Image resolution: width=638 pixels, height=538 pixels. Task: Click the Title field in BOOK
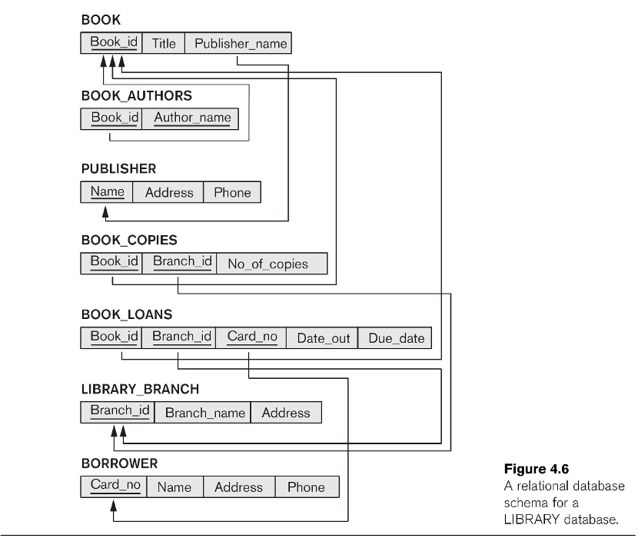pos(163,43)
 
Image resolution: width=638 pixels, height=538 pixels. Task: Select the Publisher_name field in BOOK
pos(238,43)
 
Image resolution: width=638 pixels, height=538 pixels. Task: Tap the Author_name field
pos(191,119)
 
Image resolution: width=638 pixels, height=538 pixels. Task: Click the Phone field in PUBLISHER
pos(232,192)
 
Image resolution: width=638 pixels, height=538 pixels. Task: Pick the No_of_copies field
pos(272,264)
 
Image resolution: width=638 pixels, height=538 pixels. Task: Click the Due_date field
pos(394,337)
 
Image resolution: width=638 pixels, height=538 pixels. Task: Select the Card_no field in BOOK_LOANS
pos(251,337)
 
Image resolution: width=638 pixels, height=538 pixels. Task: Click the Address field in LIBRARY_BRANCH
pos(286,412)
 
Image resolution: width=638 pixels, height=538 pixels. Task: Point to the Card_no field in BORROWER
pos(114,487)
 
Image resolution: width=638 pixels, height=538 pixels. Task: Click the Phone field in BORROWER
pos(307,487)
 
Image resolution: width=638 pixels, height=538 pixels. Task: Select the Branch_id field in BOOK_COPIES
pos(179,264)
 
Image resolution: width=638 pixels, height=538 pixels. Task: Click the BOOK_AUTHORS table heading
pos(137,95)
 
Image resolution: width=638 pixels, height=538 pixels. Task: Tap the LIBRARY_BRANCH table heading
pos(141,389)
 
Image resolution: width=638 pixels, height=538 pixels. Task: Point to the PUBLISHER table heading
pos(119,168)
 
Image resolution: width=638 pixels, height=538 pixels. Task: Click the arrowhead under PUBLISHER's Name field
pos(105,211)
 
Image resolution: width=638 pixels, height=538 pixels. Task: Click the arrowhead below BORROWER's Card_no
pos(114,506)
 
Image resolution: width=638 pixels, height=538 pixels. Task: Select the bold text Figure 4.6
pos(537,469)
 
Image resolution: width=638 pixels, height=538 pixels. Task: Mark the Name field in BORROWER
pos(174,487)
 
